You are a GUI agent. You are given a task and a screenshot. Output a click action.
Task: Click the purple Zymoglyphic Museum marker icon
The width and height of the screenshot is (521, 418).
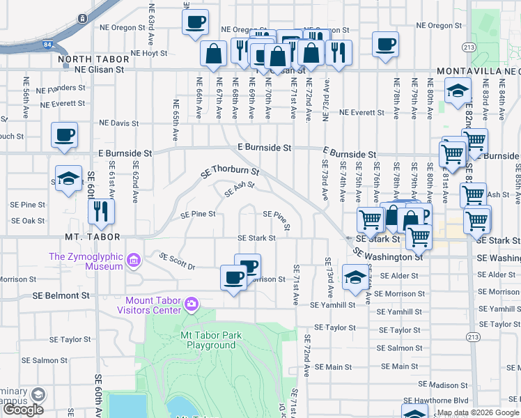[x=133, y=261]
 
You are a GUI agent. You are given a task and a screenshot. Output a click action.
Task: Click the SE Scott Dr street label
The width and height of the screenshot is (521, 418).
[x=177, y=261]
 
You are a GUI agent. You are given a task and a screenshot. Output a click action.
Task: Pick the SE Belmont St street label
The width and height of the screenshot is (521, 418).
[x=61, y=295]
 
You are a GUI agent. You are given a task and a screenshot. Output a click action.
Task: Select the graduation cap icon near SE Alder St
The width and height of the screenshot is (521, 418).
[x=355, y=278]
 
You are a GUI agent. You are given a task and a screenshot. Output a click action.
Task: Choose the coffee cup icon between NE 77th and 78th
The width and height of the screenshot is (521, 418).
[x=385, y=44]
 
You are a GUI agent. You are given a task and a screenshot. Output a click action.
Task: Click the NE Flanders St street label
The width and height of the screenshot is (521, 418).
[x=61, y=88]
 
